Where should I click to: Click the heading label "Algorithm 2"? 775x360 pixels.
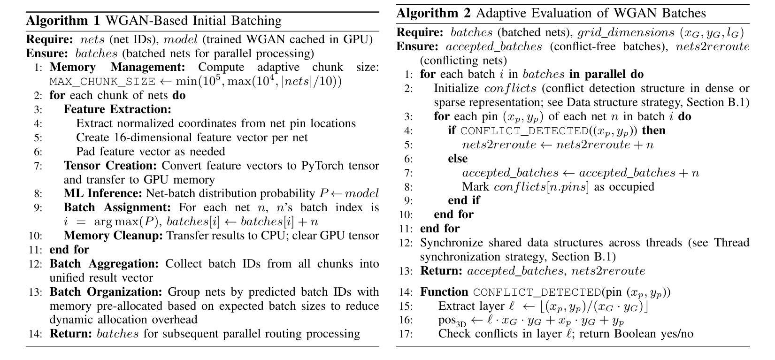coord(433,13)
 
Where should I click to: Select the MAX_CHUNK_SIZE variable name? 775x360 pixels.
coord(102,82)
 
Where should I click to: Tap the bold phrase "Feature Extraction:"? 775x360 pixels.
coord(117,109)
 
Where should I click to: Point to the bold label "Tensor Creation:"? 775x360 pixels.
coord(111,166)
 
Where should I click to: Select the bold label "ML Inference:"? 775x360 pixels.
coord(103,193)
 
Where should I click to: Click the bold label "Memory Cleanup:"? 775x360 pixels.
coord(113,236)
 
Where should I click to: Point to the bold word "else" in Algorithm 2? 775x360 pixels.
coord(458,159)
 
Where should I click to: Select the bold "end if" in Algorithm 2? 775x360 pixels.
coord(464,200)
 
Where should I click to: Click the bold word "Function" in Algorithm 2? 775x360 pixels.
coord(444,292)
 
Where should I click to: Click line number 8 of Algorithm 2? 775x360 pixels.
coord(408,187)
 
